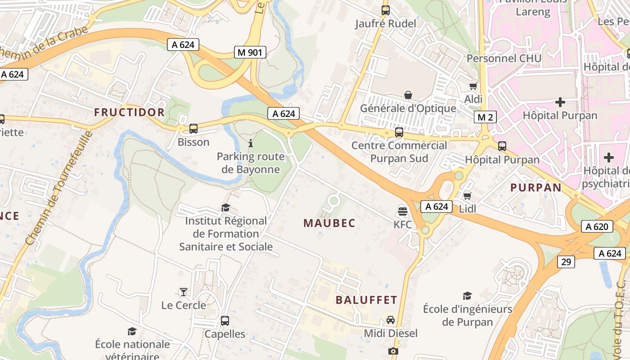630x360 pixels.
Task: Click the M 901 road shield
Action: point(250,52)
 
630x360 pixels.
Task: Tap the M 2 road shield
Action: point(485,117)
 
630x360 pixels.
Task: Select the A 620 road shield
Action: point(597,226)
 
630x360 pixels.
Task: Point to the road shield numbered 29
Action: point(566,261)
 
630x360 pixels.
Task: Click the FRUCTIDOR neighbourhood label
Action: point(130,112)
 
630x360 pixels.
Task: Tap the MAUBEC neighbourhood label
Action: point(329,223)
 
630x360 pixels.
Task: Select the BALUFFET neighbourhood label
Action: point(366,300)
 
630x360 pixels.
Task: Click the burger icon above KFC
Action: point(403,211)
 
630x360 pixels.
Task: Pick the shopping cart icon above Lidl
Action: point(468,196)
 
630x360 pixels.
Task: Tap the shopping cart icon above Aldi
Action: point(473,86)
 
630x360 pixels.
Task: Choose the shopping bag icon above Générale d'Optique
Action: point(408,95)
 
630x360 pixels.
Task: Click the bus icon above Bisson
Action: point(193,129)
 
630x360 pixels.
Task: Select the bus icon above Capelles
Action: point(225,321)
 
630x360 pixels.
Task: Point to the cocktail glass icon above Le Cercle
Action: point(184,292)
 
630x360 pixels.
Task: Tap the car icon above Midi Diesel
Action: point(391,320)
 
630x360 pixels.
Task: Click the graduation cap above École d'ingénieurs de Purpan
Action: point(468,296)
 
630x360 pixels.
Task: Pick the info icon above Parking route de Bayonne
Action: point(251,143)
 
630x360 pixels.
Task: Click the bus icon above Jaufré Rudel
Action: point(386,10)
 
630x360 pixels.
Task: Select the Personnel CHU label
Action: point(504,58)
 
